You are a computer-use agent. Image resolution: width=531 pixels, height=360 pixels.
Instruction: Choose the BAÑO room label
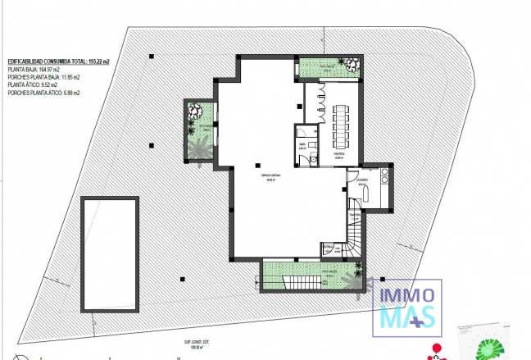[x=302, y=145]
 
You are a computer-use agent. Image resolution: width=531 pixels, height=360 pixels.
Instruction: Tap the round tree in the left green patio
[x=196, y=111]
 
